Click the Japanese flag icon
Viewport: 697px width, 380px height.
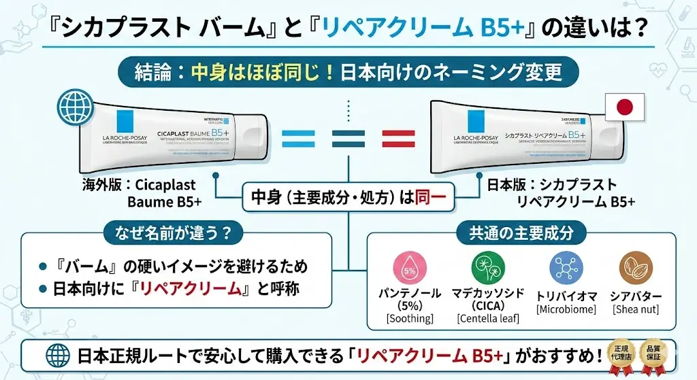(624, 107)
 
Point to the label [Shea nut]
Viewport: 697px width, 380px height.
(637, 309)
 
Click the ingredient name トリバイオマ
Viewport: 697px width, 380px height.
(566, 296)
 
